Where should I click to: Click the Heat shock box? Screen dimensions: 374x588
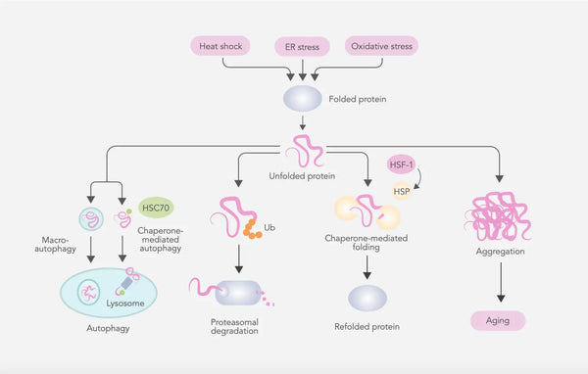(222, 46)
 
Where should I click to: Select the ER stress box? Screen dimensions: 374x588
(302, 46)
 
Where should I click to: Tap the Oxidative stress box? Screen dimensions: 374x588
(383, 46)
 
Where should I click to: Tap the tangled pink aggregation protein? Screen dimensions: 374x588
(502, 214)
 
